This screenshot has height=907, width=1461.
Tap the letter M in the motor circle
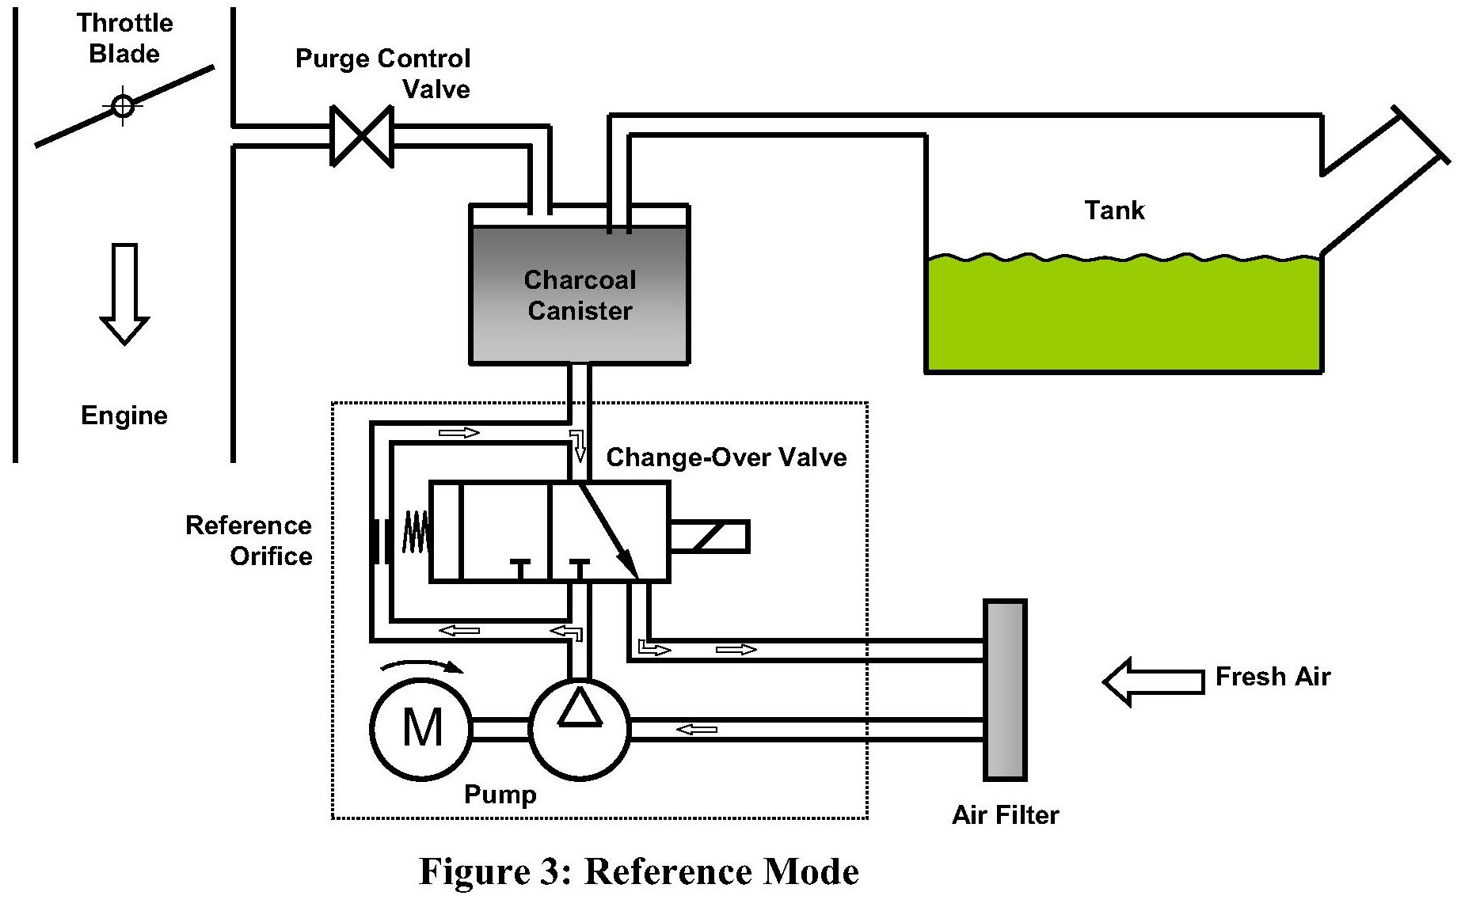point(422,727)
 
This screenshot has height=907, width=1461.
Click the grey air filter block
point(1005,690)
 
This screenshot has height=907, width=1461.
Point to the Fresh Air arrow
point(1154,681)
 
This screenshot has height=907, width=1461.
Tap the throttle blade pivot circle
point(124,106)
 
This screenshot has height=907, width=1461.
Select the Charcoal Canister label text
point(580,294)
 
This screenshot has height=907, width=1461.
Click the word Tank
point(1114,211)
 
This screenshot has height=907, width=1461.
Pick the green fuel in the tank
point(1124,313)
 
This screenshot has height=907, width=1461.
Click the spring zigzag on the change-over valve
point(416,531)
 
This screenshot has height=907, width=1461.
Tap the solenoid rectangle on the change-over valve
point(709,536)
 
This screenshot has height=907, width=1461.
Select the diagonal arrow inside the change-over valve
point(609,531)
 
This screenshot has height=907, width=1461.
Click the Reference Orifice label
point(249,541)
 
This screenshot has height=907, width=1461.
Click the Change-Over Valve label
point(726,457)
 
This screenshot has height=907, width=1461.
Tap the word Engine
point(124,416)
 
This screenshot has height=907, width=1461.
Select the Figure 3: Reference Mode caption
point(638,871)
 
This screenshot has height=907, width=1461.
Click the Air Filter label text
point(1005,815)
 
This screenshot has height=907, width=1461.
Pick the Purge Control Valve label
point(383,74)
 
